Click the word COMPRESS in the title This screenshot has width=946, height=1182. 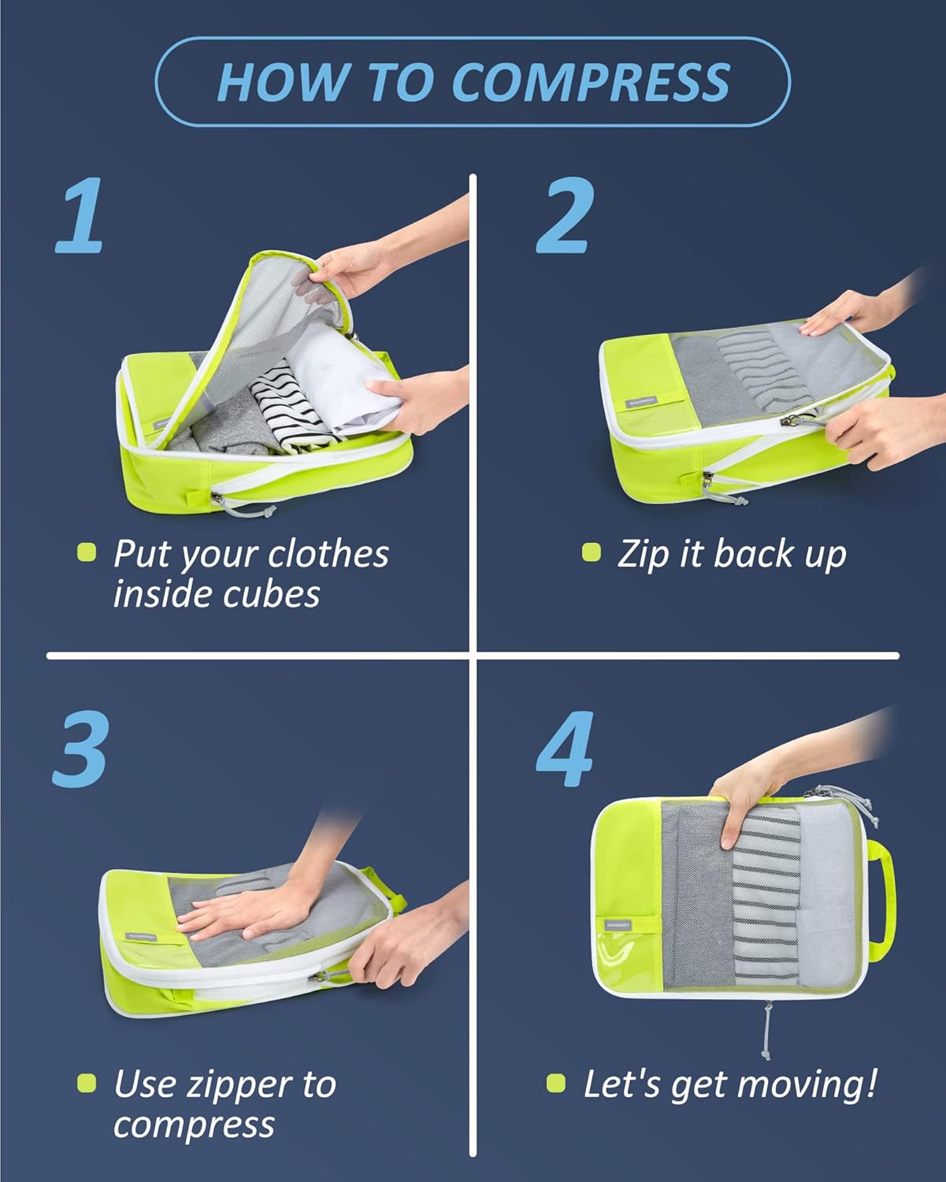coord(592,81)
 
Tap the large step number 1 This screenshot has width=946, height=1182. coord(81,216)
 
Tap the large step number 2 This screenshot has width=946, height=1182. coord(564,216)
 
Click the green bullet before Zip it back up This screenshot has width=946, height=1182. coord(591,552)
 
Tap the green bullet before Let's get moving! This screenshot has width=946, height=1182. coord(556,1083)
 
